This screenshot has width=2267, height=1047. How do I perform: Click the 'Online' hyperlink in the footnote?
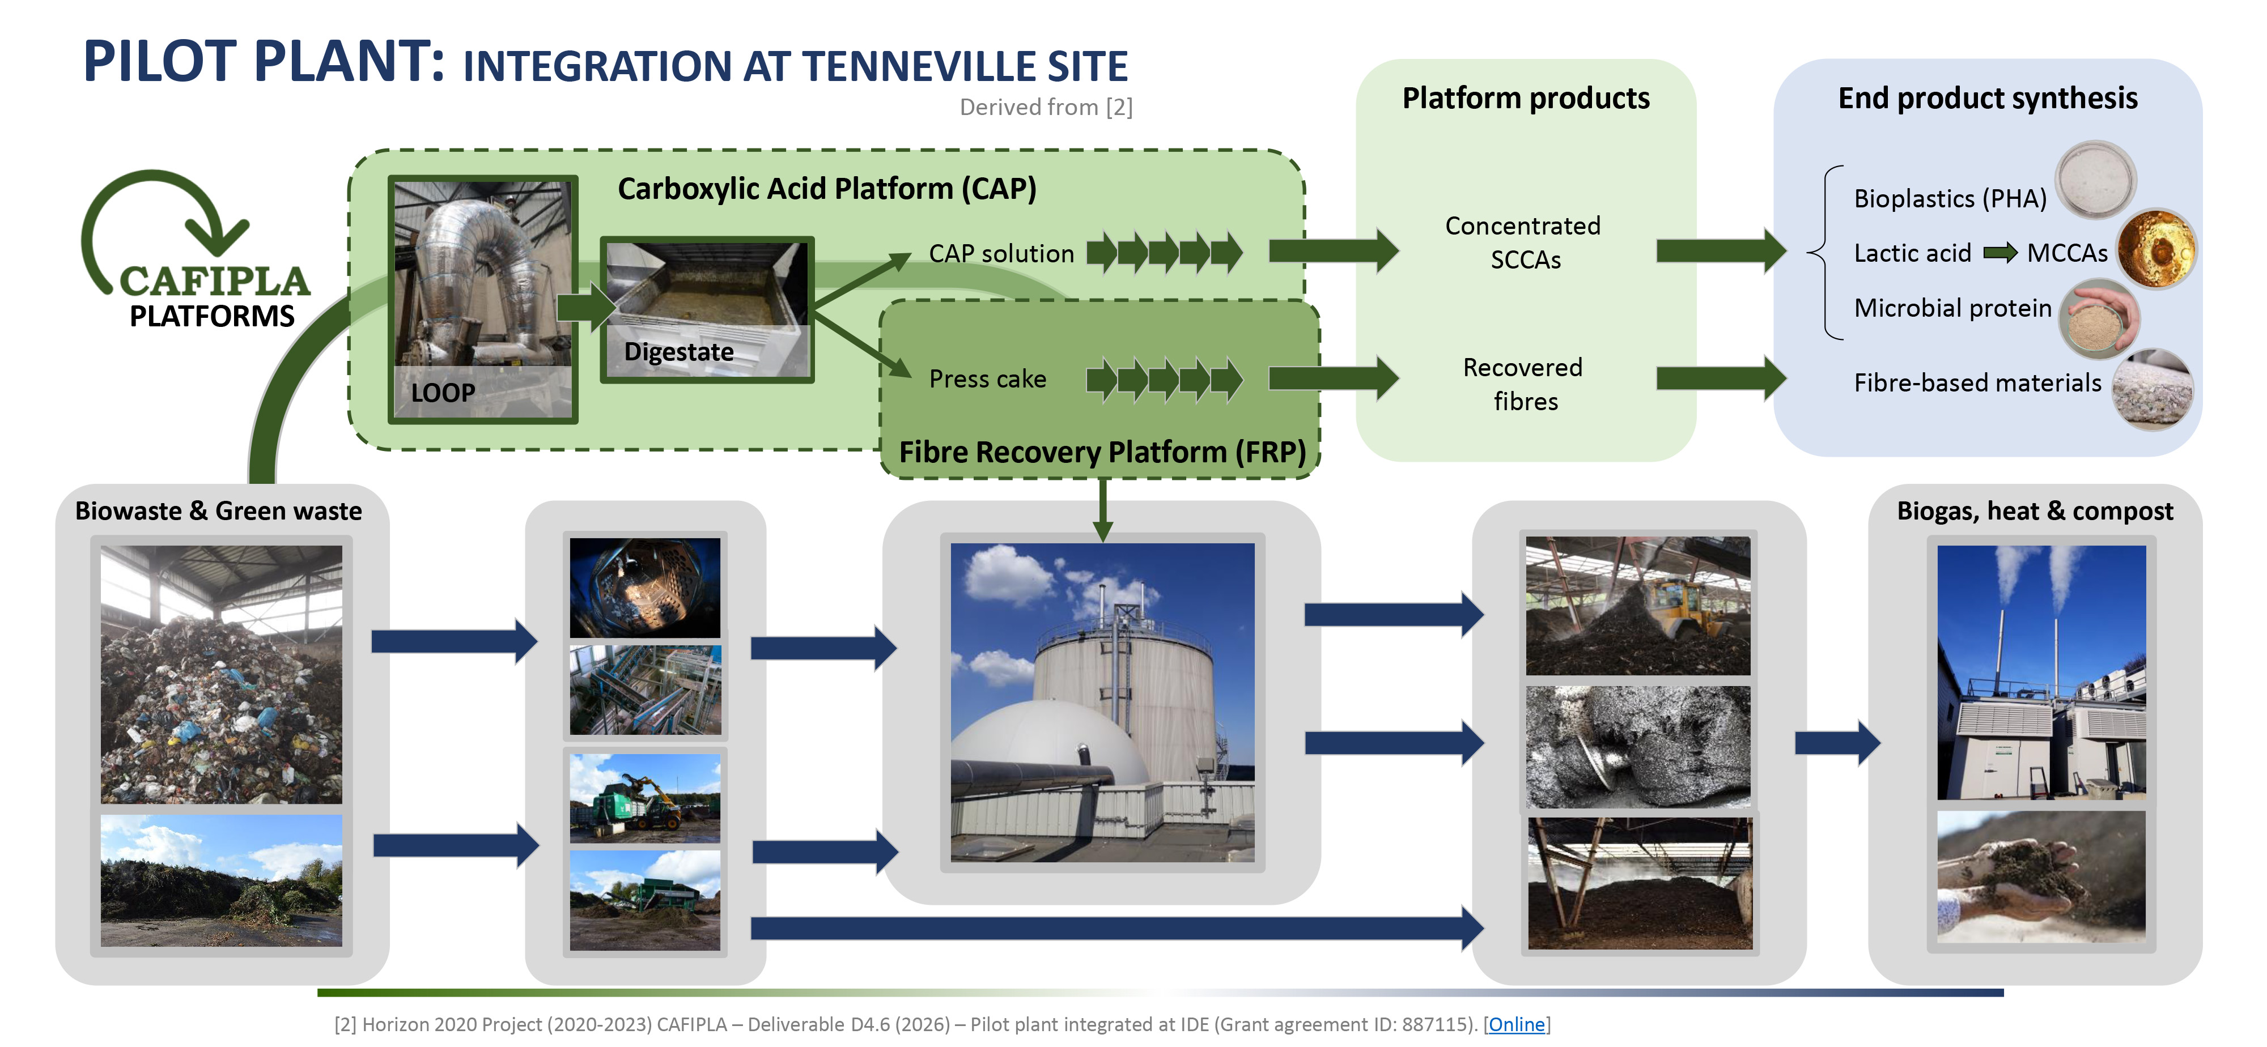(1516, 1024)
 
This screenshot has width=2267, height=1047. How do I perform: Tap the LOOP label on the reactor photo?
(443, 393)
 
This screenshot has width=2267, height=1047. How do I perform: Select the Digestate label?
(678, 352)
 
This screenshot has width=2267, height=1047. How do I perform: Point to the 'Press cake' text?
(987, 379)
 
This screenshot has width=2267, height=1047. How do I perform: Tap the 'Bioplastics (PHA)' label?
(1949, 199)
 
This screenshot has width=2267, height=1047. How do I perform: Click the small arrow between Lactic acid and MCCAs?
(1999, 253)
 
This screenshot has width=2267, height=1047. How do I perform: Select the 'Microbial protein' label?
(1952, 308)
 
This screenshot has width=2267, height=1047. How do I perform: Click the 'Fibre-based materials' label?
(1977, 383)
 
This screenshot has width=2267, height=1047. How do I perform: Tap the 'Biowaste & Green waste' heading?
(218, 511)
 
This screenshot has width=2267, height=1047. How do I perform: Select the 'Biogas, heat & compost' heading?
(2035, 511)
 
